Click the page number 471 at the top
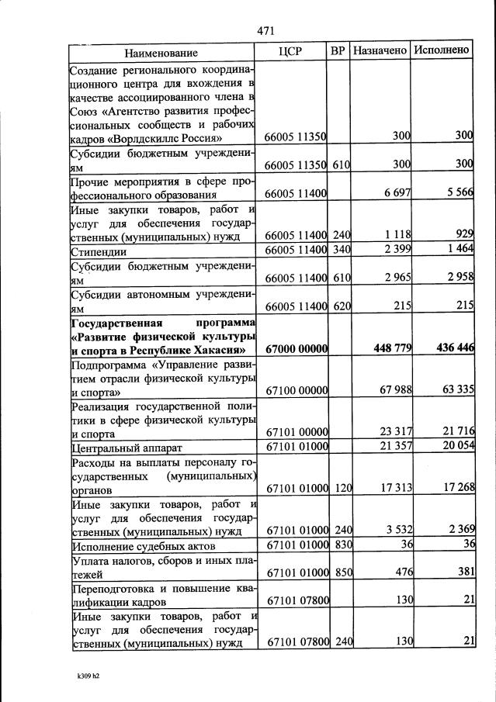click(x=266, y=30)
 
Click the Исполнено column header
click(x=442, y=50)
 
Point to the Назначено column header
click(x=380, y=50)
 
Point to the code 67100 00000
click(x=297, y=390)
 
